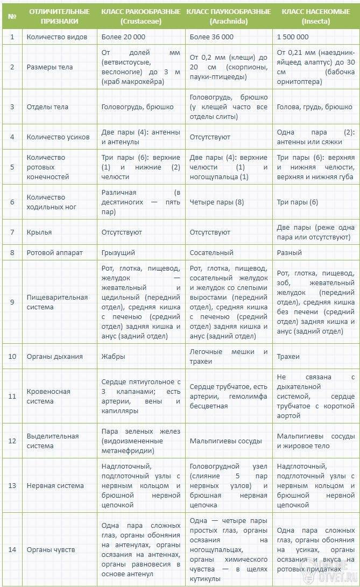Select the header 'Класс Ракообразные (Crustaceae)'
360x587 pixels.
(x=141, y=16)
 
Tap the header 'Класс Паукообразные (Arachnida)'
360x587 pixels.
(x=228, y=16)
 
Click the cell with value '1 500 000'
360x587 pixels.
(x=293, y=37)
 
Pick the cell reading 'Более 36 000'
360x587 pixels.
(x=211, y=37)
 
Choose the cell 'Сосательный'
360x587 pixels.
(x=211, y=252)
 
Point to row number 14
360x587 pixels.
(x=12, y=549)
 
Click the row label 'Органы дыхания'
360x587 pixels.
(x=55, y=356)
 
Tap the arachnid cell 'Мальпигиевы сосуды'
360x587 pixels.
(x=225, y=441)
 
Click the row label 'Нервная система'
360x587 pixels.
(x=55, y=485)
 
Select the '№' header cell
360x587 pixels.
(x=12, y=16)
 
